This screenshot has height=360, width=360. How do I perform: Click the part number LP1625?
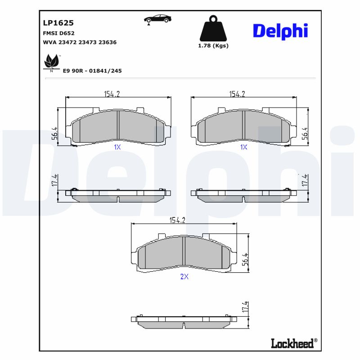click(58, 22)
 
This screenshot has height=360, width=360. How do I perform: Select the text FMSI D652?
click(58, 33)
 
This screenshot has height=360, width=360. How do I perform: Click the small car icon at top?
click(157, 19)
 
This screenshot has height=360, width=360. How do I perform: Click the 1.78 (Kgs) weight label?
click(213, 45)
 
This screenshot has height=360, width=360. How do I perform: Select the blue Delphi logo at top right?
click(280, 31)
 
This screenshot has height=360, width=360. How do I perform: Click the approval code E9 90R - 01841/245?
click(93, 71)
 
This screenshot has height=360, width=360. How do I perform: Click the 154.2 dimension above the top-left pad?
click(112, 94)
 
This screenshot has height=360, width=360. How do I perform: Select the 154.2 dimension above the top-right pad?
click(237, 94)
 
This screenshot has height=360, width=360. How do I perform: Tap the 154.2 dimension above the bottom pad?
click(177, 220)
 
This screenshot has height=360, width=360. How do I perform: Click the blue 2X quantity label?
click(184, 277)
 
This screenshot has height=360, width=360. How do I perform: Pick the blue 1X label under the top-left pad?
click(117, 147)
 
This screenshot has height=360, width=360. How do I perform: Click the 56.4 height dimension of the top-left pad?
click(54, 133)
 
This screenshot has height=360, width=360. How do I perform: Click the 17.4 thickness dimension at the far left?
click(54, 180)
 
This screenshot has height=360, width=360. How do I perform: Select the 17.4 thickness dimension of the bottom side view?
click(245, 308)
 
